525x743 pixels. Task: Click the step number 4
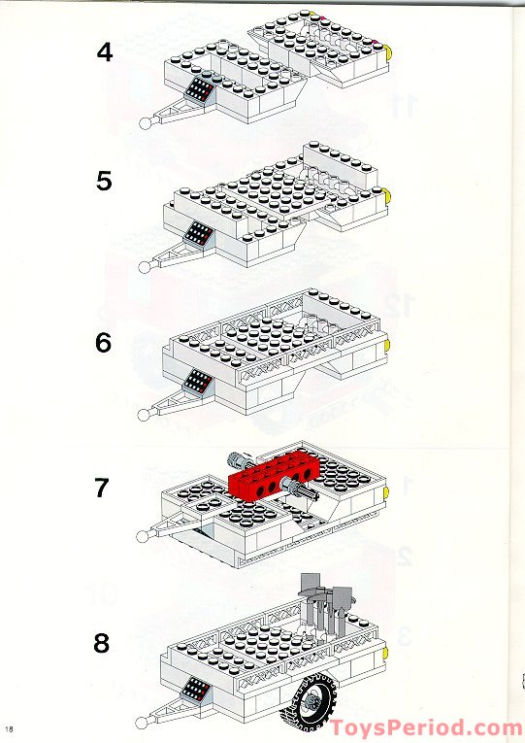[104, 51]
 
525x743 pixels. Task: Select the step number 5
[104, 182]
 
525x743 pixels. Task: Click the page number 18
[10, 729]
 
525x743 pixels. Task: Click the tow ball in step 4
[147, 122]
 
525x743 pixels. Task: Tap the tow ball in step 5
[147, 263]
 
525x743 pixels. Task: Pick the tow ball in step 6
[146, 414]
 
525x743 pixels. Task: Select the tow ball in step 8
[146, 722]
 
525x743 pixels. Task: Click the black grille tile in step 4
[201, 90]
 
